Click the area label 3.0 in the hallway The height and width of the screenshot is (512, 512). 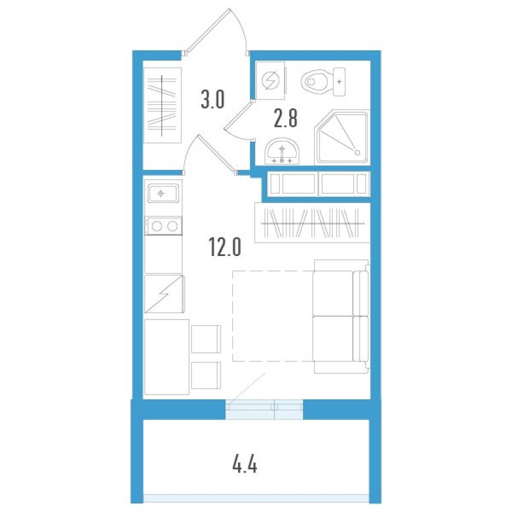[212, 100]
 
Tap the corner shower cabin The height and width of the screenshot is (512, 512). [342, 137]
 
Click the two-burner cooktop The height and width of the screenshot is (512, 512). [163, 226]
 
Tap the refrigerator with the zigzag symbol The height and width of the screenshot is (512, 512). [164, 294]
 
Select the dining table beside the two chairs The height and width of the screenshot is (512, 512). [166, 356]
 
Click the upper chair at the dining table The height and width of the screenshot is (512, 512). [206, 339]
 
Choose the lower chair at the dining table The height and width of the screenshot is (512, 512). [206, 375]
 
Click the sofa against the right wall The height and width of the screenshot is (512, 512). [340, 317]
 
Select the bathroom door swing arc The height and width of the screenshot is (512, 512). [239, 120]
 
